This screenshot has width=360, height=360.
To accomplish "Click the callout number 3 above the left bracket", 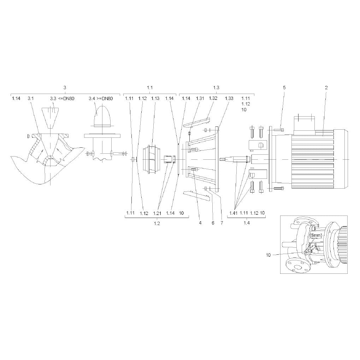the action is pyautogui.click(x=65, y=88).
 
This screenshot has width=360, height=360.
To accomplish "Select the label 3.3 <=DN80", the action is pyautogui.click(x=62, y=99).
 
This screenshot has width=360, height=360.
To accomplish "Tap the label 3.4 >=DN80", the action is pyautogui.click(x=101, y=99).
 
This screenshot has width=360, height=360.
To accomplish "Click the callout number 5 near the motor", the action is pyautogui.click(x=284, y=88).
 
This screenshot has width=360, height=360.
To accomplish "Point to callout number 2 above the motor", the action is pyautogui.click(x=326, y=88).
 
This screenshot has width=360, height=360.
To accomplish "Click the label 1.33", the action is pyautogui.click(x=229, y=98).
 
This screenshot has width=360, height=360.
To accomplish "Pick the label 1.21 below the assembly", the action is pyautogui.click(x=157, y=213).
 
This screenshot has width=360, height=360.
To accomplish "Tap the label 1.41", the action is pyautogui.click(x=233, y=213).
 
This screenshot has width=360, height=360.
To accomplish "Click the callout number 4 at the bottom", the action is pyautogui.click(x=200, y=223).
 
